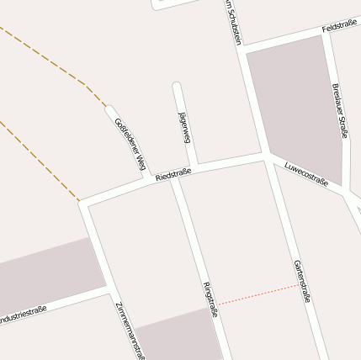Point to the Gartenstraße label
(302, 280)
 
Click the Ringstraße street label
(211, 301)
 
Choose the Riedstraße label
(174, 174)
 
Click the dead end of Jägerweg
(177, 85)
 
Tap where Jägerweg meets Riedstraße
(194, 165)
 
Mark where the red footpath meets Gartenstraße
(299, 285)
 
